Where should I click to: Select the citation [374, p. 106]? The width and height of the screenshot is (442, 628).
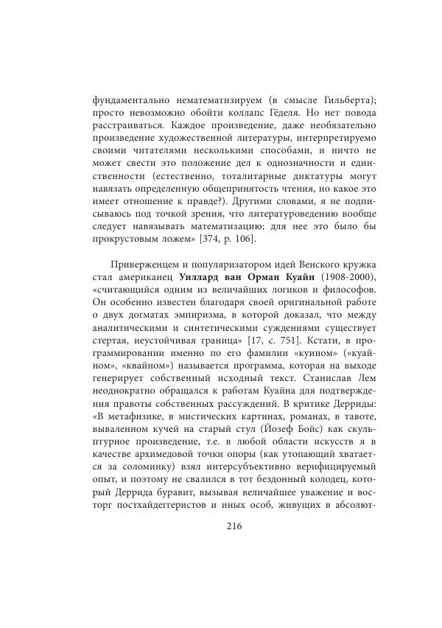pos(219,240)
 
